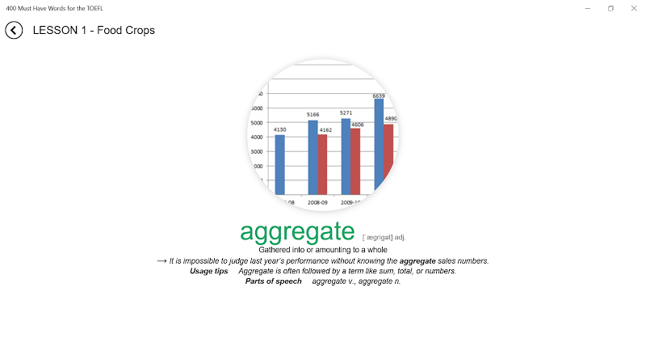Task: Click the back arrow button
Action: pyautogui.click(x=14, y=30)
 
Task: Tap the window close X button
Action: pyautogui.click(x=634, y=8)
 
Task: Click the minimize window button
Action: pyautogui.click(x=588, y=8)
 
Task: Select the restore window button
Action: pyautogui.click(x=610, y=8)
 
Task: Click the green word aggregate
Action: pyautogui.click(x=297, y=232)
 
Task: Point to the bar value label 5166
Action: pyautogui.click(x=313, y=114)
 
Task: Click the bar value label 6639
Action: pyautogui.click(x=379, y=95)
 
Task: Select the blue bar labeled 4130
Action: pyautogui.click(x=279, y=165)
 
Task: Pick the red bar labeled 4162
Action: pyautogui.click(x=322, y=164)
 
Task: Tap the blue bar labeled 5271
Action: pyautogui.click(x=346, y=156)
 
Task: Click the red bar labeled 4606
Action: pyautogui.click(x=355, y=161)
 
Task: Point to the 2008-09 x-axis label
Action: pyautogui.click(x=317, y=202)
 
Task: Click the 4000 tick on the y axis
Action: pyautogui.click(x=257, y=137)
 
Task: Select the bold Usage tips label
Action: pyautogui.click(x=209, y=271)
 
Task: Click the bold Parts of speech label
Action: pyautogui.click(x=274, y=281)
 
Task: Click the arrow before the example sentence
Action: pyautogui.click(x=162, y=260)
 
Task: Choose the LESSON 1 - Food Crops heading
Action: pyautogui.click(x=94, y=30)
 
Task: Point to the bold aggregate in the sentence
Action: pyautogui.click(x=417, y=261)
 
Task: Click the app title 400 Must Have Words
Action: pyautogui.click(x=54, y=8)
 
